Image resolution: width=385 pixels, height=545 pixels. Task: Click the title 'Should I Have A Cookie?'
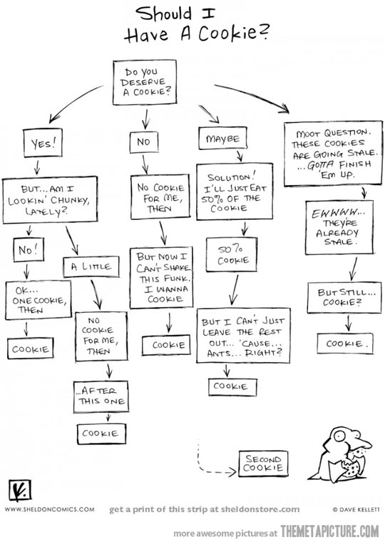point(195,25)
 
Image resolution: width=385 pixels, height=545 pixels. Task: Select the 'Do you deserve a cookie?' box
point(148,83)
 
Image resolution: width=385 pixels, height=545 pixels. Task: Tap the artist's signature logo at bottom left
point(17,491)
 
